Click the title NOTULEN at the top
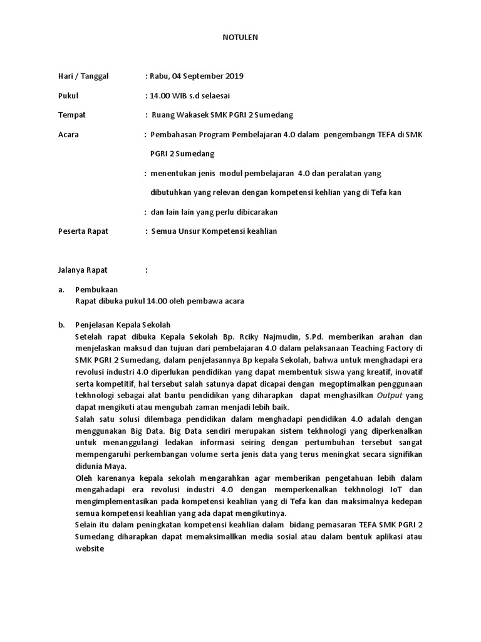[240, 38]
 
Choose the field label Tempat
[71, 115]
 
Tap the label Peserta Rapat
[83, 231]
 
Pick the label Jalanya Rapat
[83, 270]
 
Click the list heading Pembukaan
[96, 290]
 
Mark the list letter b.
[61, 325]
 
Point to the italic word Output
[391, 396]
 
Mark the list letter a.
[61, 290]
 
